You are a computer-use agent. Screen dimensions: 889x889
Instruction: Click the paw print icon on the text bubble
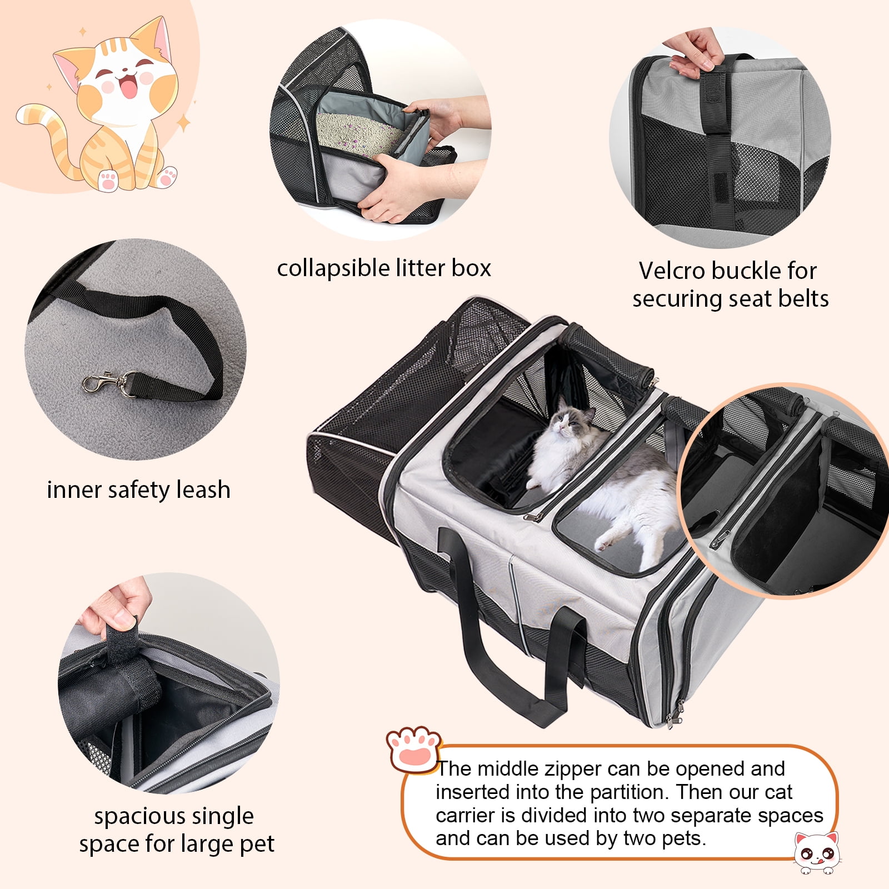(x=414, y=749)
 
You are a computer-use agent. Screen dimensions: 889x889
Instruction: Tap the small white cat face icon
(x=816, y=851)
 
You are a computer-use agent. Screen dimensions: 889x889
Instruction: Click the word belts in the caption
(x=803, y=299)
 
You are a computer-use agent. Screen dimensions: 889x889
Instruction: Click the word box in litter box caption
(x=471, y=268)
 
